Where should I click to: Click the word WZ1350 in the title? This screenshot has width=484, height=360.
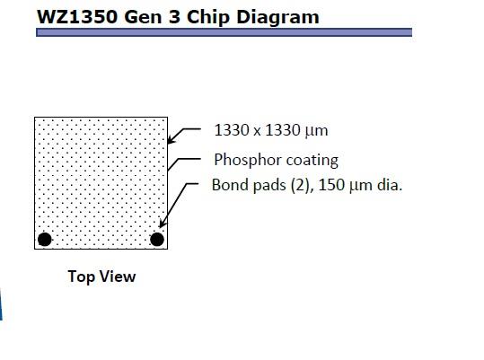[77, 17]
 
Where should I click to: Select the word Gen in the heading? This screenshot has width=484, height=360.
[143, 17]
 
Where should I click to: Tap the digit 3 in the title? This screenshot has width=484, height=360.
[174, 17]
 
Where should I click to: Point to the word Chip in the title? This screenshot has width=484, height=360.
[208, 18]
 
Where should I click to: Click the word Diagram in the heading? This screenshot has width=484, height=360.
[277, 18]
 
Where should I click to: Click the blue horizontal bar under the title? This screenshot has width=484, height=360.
[224, 32]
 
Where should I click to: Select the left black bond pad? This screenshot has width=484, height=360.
[45, 240]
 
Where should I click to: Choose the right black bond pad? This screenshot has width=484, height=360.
[157, 240]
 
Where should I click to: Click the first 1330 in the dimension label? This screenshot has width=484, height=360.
[232, 130]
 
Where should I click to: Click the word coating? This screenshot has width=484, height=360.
[312, 161]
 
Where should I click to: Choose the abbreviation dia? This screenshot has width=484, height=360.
[390, 185]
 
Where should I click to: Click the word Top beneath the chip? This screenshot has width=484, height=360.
[81, 277]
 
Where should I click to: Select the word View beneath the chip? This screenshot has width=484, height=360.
[118, 277]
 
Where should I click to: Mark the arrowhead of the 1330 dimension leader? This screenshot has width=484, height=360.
[172, 139]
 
